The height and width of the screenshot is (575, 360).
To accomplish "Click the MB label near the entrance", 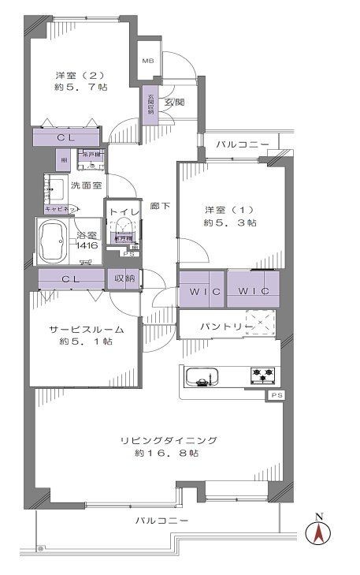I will click(147, 61).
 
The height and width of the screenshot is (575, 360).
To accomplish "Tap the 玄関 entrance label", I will click(174, 102).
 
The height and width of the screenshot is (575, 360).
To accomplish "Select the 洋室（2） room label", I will click(76, 76).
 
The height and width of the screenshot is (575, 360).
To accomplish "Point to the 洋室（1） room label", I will click(228, 210).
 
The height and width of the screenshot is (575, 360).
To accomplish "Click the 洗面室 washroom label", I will click(86, 186).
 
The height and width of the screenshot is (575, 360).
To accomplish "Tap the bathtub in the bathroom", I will click(55, 239).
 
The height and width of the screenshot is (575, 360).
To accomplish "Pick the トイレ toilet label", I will click(123, 211).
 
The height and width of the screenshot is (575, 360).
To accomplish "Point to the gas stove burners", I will click(262, 373).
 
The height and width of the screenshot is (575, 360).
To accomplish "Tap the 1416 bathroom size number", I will click(87, 245).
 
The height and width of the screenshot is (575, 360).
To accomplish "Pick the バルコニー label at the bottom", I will click(161, 521).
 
